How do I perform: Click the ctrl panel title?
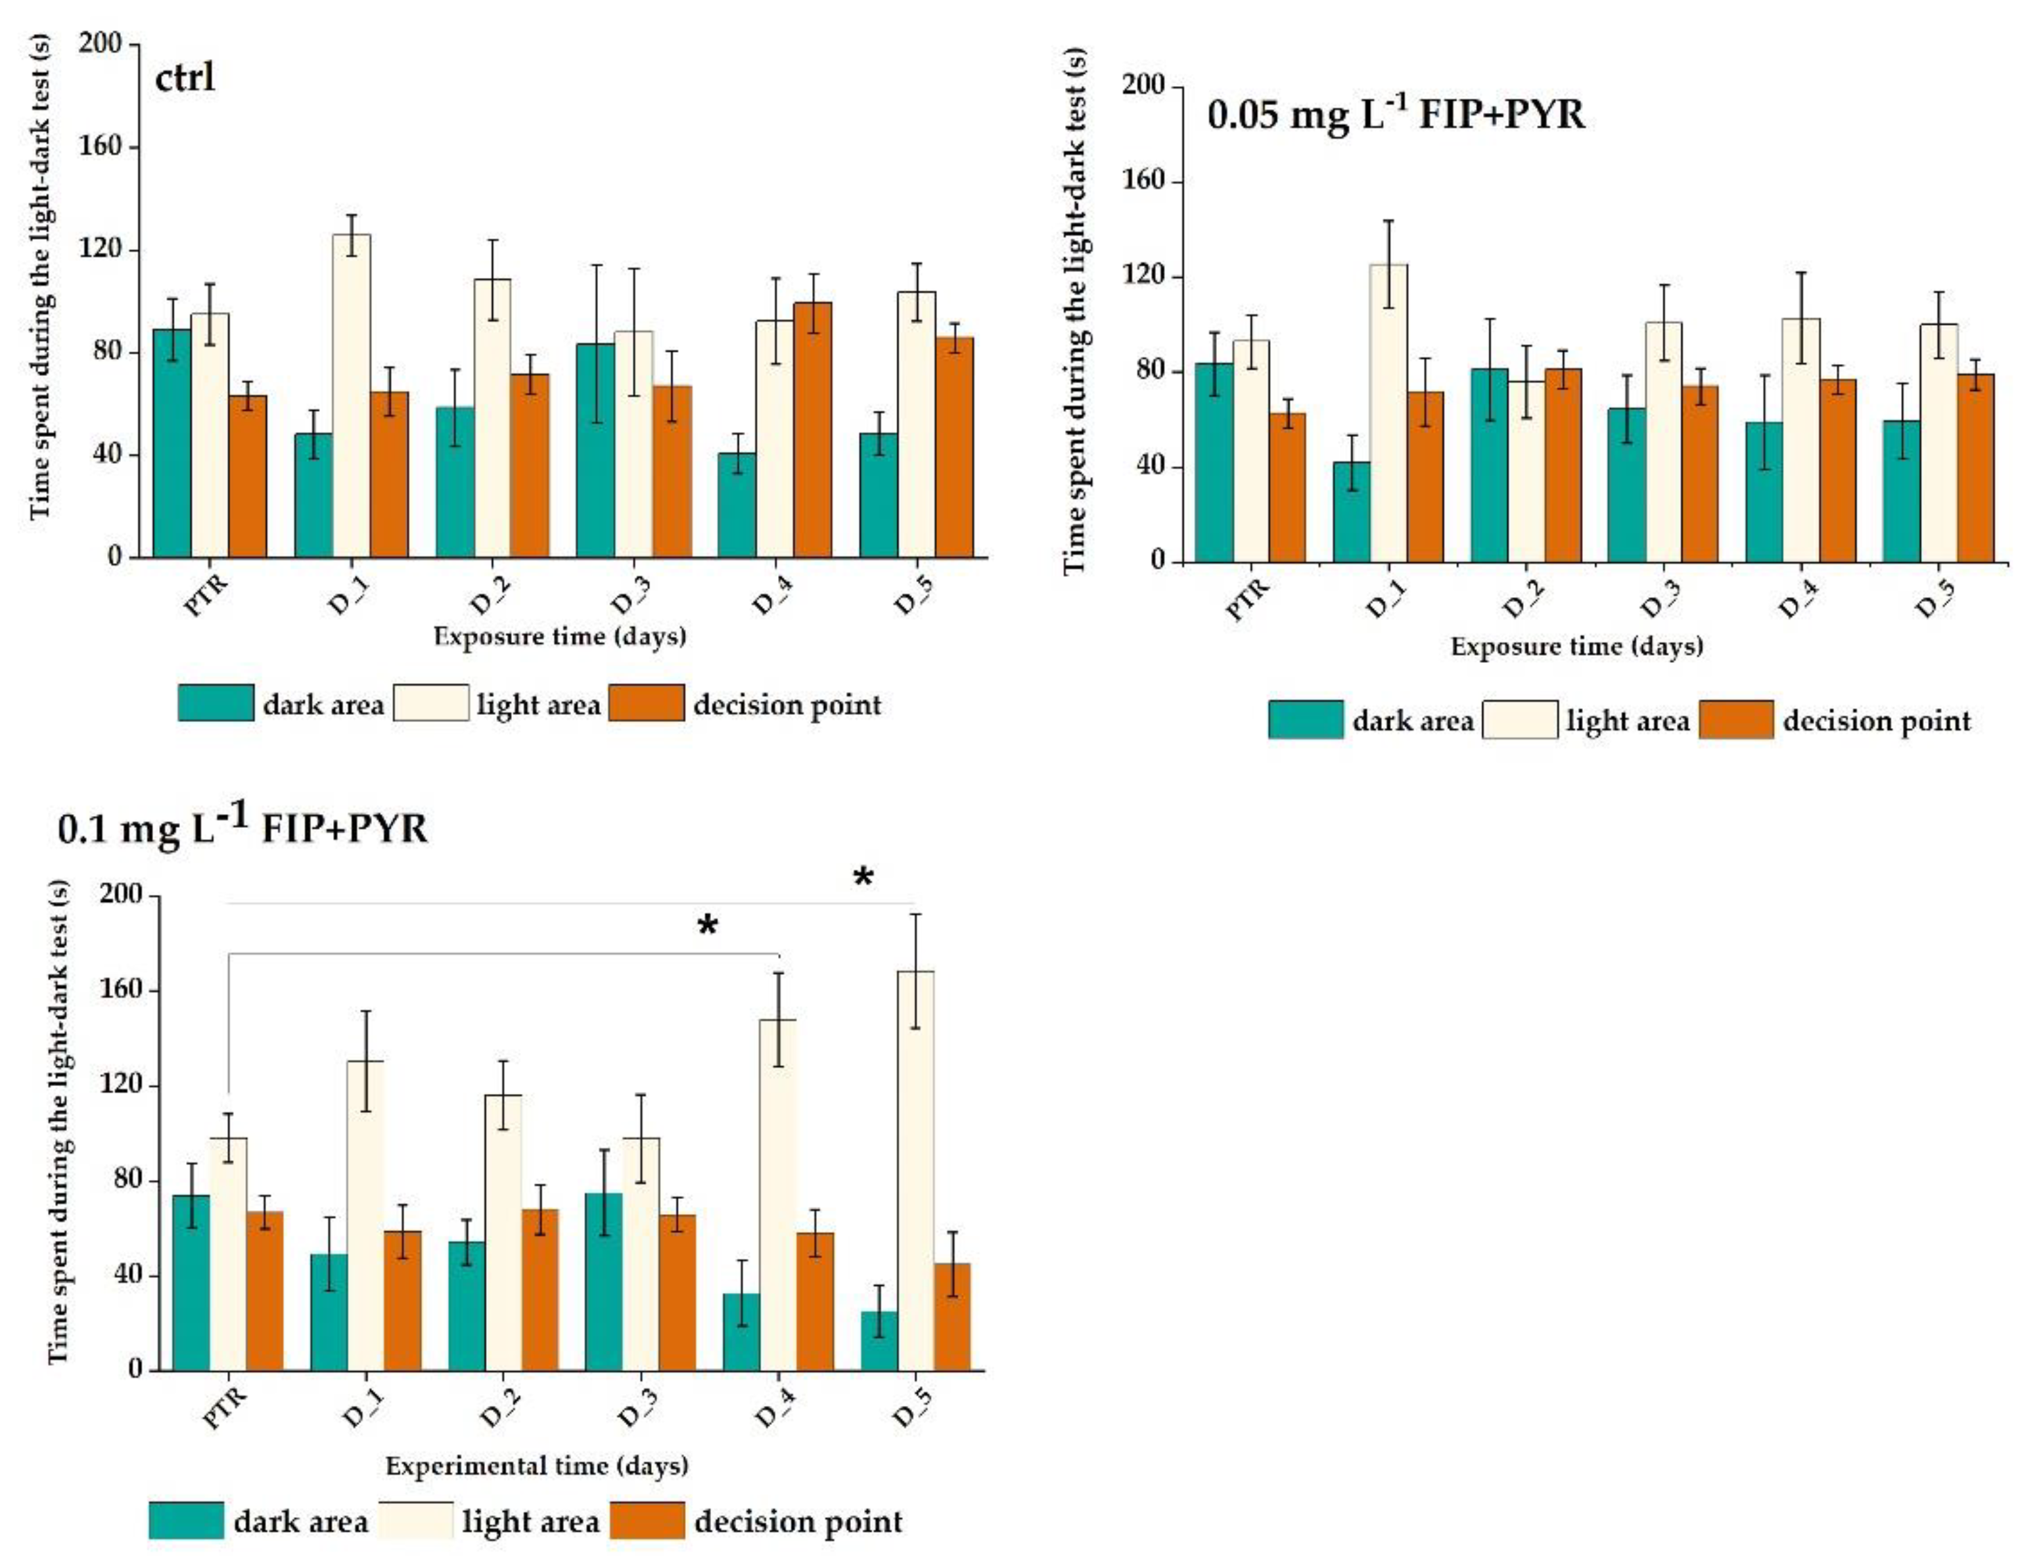pos(184,76)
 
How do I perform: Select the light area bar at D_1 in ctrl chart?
pos(351,396)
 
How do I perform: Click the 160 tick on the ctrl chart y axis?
pos(101,146)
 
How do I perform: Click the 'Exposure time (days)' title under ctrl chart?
pos(559,637)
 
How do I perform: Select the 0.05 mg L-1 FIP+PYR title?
pos(1395,114)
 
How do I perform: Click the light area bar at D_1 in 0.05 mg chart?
pos(1388,413)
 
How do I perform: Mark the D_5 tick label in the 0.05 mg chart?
pos(1934,599)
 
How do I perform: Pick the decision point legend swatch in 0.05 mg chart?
pos(1735,719)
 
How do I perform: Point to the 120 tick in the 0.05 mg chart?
pos(1144,277)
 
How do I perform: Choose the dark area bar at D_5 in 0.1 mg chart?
pos(879,1340)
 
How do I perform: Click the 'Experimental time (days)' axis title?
pos(537,1465)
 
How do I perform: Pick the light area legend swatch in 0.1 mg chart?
pos(416,1520)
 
